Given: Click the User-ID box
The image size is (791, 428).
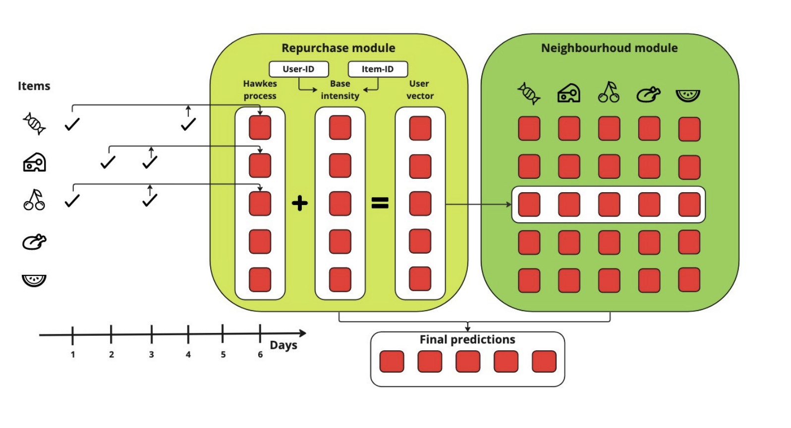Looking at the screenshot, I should coord(298,69).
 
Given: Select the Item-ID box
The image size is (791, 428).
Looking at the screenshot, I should coord(378,69).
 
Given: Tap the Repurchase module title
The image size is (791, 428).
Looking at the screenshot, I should coord(339,48).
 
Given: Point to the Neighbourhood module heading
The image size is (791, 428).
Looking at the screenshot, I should coord(609,48).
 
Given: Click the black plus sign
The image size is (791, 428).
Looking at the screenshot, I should coord(299,203).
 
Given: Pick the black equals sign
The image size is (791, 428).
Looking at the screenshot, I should coord(380,203).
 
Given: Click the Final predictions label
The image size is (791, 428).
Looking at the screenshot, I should coord(467,339).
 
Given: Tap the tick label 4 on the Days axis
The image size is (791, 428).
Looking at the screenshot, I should coord(188,354).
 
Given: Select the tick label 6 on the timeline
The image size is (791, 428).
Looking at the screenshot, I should coord(260,354).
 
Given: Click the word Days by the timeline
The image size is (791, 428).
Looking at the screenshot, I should coord(283,345).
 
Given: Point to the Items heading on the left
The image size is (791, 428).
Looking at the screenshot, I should coord(34,86).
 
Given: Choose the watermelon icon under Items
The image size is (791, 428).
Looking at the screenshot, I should coord(34,280).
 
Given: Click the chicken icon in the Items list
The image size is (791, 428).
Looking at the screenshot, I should coord(34,242).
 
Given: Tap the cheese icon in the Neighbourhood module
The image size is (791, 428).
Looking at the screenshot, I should coord(569,93).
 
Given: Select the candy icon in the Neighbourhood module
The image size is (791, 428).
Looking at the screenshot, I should coord(528,93).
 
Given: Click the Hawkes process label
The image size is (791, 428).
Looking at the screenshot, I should coord(260,90).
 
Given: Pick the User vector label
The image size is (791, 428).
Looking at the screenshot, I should coord(420,90).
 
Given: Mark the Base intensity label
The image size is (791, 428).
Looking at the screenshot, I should coord(340,90).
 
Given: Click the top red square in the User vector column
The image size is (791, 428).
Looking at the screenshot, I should coord(420,128).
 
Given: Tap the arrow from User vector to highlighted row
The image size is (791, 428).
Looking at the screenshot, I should coord(478,204).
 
